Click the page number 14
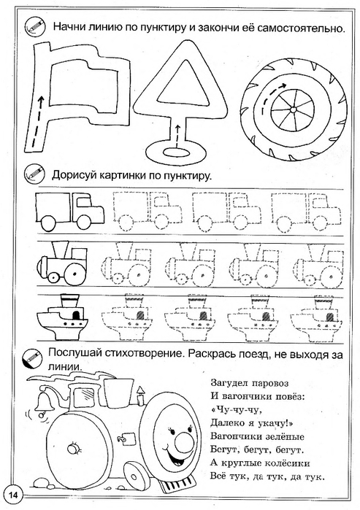(13, 495)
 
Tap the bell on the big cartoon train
(42, 401)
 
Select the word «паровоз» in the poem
(270, 384)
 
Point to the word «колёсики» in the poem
(288, 463)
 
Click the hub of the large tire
(293, 110)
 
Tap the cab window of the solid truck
(84, 202)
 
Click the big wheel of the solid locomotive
(74, 271)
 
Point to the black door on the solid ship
(76, 315)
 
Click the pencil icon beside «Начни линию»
(35, 26)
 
